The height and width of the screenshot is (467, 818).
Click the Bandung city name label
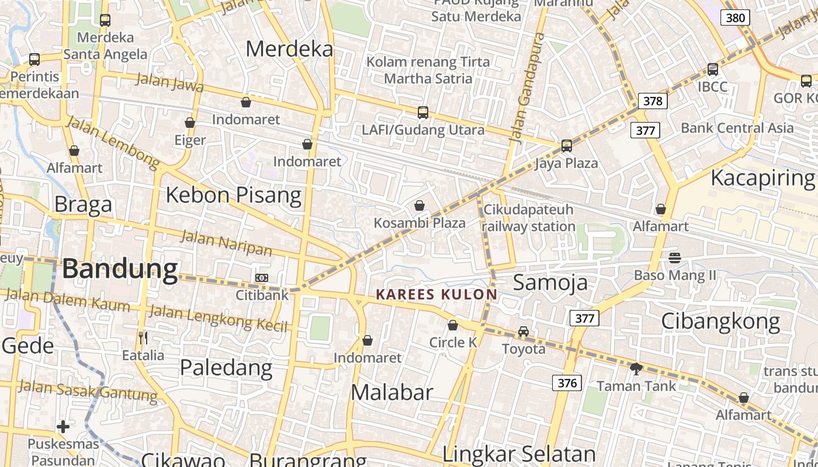click(120, 269)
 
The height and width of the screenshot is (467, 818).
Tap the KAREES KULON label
click(436, 294)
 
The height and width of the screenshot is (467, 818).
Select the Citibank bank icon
click(262, 278)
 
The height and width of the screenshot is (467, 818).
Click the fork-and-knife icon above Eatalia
click(143, 337)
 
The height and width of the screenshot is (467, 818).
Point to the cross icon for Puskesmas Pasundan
click(63, 427)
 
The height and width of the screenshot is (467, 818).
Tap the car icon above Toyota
click(524, 332)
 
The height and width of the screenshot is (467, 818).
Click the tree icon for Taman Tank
click(636, 368)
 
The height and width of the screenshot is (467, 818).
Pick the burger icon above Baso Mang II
click(675, 257)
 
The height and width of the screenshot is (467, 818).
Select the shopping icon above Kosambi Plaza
click(420, 205)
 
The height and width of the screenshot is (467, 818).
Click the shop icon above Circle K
click(453, 325)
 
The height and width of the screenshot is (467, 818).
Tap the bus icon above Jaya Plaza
click(566, 145)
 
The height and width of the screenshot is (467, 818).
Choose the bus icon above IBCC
click(713, 69)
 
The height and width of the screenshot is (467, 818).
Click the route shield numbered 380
click(735, 18)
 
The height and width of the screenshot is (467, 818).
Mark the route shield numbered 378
click(653, 101)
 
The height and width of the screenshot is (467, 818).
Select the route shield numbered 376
click(567, 383)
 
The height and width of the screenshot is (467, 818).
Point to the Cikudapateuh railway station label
click(529, 218)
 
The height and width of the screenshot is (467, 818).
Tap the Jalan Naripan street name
click(226, 243)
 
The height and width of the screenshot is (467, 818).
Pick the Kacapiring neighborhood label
click(762, 178)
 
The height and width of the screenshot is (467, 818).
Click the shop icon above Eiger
click(190, 123)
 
